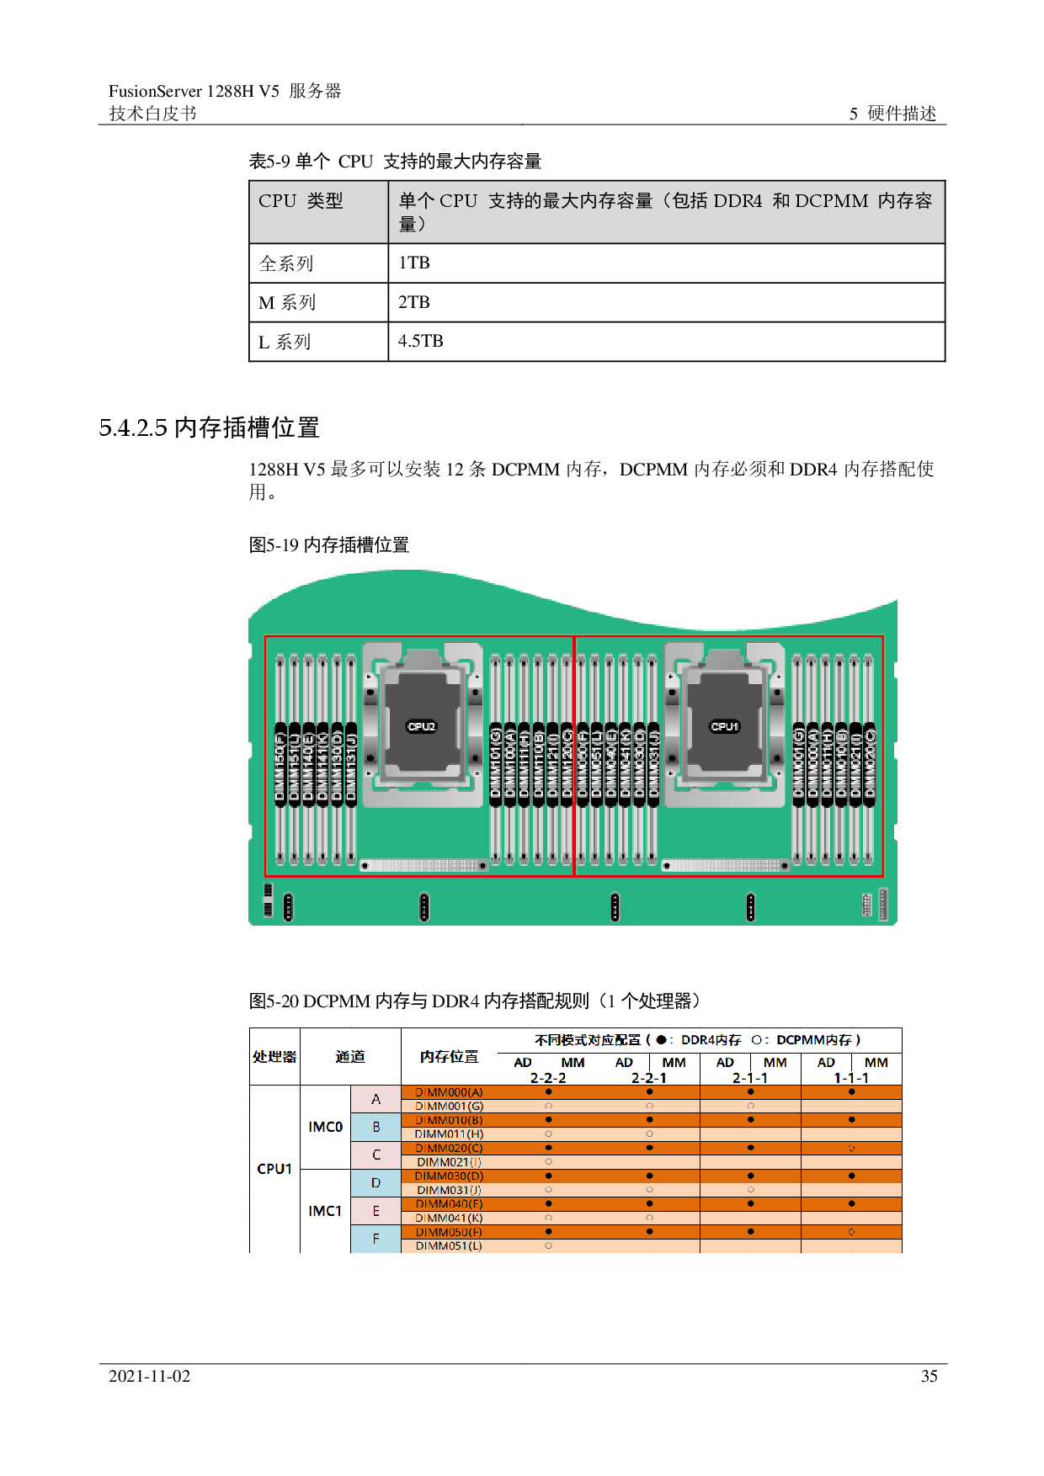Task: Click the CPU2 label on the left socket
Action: tap(422, 726)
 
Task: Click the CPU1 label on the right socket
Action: tap(724, 726)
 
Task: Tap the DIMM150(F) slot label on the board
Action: tap(281, 765)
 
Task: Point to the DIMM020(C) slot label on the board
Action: tap(870, 765)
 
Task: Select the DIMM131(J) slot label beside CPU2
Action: tap(351, 765)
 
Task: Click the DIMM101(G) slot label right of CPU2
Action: tap(496, 765)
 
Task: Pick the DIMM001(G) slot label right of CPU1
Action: tap(798, 765)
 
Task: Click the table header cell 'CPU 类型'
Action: tap(301, 201)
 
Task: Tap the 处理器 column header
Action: tap(274, 1057)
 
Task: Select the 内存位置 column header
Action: tap(449, 1057)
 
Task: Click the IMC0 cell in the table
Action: tap(325, 1127)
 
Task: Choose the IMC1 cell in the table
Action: tap(325, 1211)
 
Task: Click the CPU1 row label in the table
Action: tap(274, 1169)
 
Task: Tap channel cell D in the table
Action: tap(376, 1183)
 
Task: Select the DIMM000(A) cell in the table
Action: tap(449, 1092)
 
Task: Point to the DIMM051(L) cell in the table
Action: tap(449, 1246)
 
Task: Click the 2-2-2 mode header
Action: tap(547, 1078)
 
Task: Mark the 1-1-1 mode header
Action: tap(851, 1078)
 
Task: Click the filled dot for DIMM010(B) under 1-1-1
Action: tap(851, 1120)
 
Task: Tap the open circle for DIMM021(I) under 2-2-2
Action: tap(548, 1162)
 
